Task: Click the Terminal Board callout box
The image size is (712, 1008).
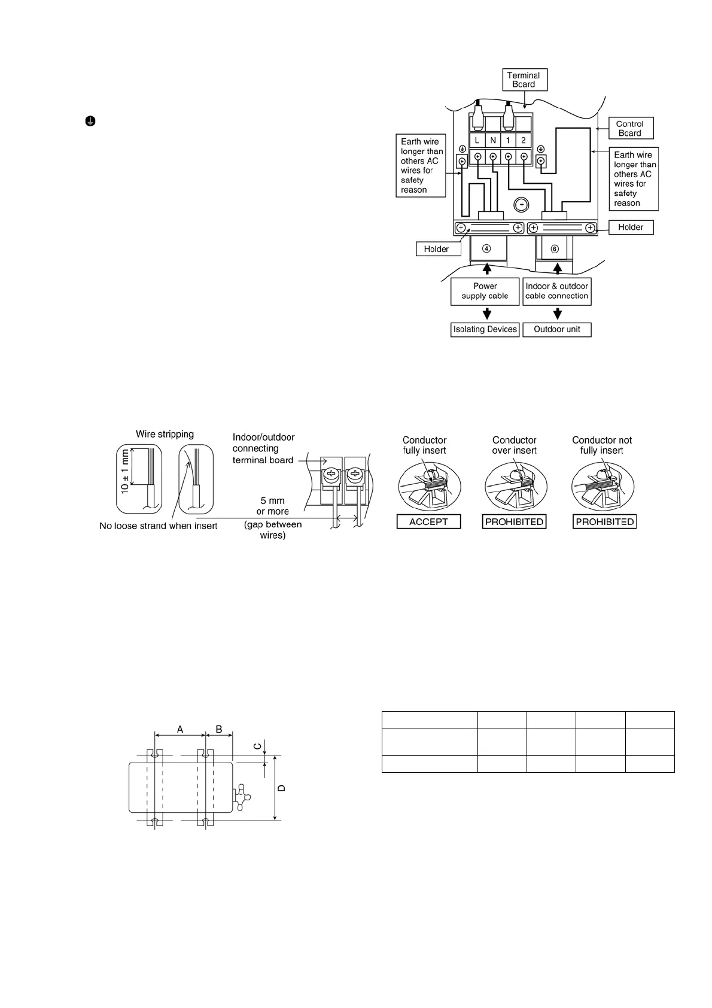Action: pyautogui.click(x=524, y=80)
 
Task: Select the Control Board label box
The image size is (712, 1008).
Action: pyautogui.click(x=629, y=129)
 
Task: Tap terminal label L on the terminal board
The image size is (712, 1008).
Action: pyautogui.click(x=477, y=140)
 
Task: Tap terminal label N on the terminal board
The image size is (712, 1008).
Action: pyautogui.click(x=493, y=140)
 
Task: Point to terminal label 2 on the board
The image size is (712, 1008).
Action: pyautogui.click(x=524, y=140)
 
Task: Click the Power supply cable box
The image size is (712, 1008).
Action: pyautogui.click(x=485, y=291)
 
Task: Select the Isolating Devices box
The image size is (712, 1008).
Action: pyautogui.click(x=485, y=329)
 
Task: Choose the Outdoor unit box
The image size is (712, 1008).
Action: pyautogui.click(x=556, y=329)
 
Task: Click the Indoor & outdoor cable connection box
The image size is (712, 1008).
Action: pyautogui.click(x=556, y=291)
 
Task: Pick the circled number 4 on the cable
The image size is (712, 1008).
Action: pyautogui.click(x=487, y=248)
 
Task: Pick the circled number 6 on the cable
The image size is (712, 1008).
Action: pyautogui.click(x=555, y=248)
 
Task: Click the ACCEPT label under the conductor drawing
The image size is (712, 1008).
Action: pyautogui.click(x=428, y=522)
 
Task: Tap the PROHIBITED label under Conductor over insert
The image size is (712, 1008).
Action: pyautogui.click(x=514, y=522)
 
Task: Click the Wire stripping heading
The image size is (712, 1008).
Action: pyautogui.click(x=165, y=434)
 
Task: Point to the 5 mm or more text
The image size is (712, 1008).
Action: pyautogui.click(x=272, y=506)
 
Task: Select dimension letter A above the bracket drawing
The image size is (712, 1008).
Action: pyautogui.click(x=180, y=729)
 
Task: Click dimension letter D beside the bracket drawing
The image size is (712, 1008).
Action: pyautogui.click(x=282, y=788)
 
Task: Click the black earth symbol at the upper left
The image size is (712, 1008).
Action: pyautogui.click(x=89, y=121)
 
